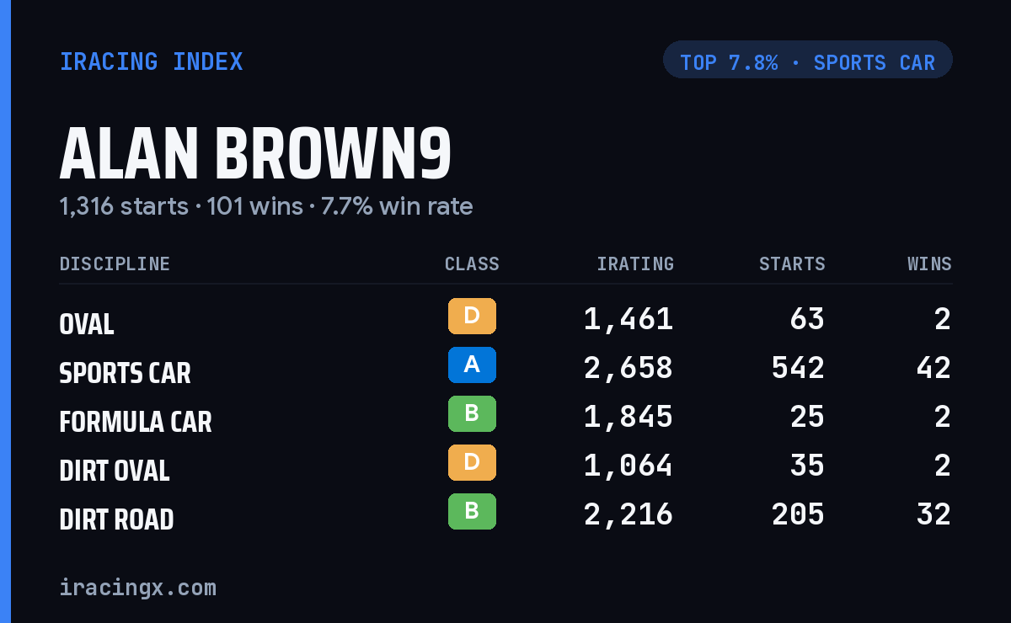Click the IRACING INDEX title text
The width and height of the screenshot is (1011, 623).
[151, 61]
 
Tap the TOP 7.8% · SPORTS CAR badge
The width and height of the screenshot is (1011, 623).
[807, 60]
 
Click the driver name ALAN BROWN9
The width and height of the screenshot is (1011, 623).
[255, 153]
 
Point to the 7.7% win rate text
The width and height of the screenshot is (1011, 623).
[397, 206]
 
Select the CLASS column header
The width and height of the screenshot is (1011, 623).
[472, 264]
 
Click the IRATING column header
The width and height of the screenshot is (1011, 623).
[635, 264]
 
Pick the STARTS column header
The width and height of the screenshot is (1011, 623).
[792, 264]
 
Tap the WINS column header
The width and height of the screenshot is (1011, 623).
[930, 264]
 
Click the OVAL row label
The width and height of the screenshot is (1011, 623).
[87, 324]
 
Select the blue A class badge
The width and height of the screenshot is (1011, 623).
[472, 365]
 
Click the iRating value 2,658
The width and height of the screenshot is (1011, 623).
[628, 368]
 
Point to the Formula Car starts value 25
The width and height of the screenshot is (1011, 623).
[807, 417]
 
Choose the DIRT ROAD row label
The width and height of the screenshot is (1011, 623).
[116, 519]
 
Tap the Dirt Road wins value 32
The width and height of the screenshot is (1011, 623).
[933, 514]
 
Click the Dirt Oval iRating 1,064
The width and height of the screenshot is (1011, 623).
[628, 466]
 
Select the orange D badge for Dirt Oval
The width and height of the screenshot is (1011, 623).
[472, 462]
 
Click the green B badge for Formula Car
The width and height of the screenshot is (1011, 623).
[472, 413]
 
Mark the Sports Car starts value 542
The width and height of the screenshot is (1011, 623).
[798, 368]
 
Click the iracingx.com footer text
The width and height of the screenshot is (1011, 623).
[138, 588]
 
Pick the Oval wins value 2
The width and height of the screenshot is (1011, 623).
[943, 319]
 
